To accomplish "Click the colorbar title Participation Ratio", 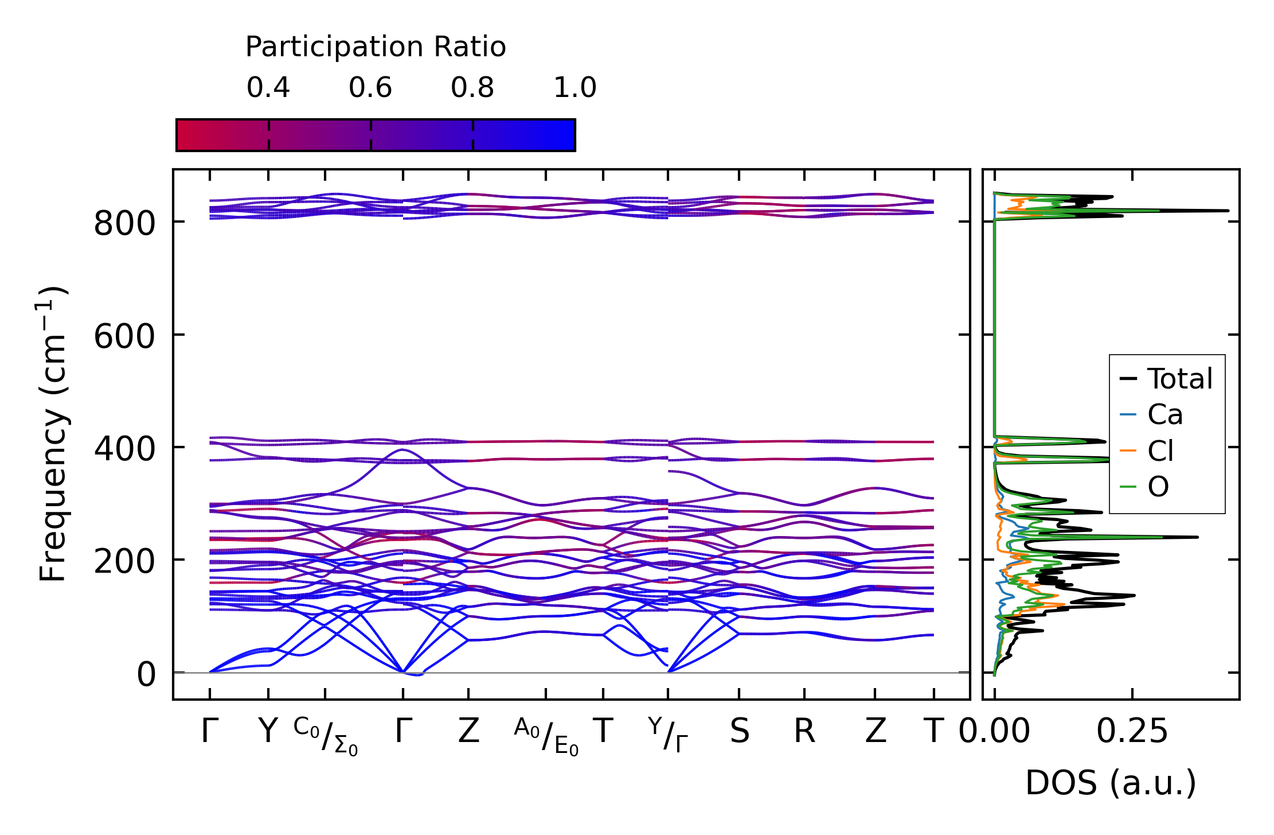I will pyautogui.click(x=376, y=47).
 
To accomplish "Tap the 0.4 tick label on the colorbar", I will pyautogui.click(x=268, y=88).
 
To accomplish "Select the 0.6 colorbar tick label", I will pyautogui.click(x=370, y=88).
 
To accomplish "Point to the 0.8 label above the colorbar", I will pyautogui.click(x=472, y=88).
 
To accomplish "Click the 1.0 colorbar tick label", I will pyautogui.click(x=575, y=88).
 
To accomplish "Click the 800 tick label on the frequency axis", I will pyautogui.click(x=124, y=223).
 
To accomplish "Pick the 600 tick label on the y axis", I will pyautogui.click(x=124, y=336).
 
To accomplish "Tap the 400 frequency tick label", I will pyautogui.click(x=124, y=449).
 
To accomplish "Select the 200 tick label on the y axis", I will pyautogui.click(x=124, y=561).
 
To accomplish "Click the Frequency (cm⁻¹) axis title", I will pyautogui.click(x=53, y=434).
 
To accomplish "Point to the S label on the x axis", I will pyautogui.click(x=740, y=732).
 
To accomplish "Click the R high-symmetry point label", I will pyautogui.click(x=804, y=732).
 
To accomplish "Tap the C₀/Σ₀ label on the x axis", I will pyautogui.click(x=326, y=736).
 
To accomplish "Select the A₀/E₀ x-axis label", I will pyautogui.click(x=546, y=736).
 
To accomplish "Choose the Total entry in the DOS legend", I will pyautogui.click(x=1180, y=379).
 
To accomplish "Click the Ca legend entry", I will pyautogui.click(x=1165, y=414).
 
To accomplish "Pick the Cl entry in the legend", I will pyautogui.click(x=1160, y=450).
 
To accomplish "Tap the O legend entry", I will pyautogui.click(x=1158, y=487).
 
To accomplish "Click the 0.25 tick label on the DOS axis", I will pyautogui.click(x=1132, y=732).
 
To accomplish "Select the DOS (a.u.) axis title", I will pyautogui.click(x=1111, y=783).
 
